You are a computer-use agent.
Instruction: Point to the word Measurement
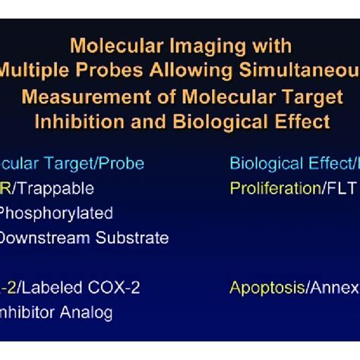pyautogui.click(x=80, y=97)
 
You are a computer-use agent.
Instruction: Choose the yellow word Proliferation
pyautogui.click(x=274, y=188)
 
